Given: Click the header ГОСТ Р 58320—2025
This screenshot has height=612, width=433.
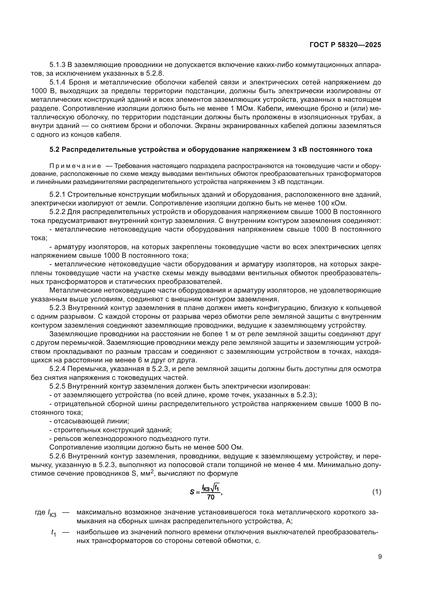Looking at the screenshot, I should click(345, 45).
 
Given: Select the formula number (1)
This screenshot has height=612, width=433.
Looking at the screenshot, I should click(376, 492).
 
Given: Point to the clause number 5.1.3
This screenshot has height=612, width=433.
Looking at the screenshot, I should click(57, 65).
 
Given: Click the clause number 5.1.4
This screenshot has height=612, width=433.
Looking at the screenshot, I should click(57, 82).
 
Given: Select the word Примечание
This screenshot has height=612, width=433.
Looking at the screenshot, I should click(75, 166).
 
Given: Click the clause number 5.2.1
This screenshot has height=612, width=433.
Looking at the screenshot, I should click(57, 195).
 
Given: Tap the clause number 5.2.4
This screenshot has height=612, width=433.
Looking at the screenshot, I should click(57, 369).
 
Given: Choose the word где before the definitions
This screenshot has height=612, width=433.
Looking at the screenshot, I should click(40, 512).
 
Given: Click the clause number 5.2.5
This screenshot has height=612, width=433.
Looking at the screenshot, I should click(57, 386).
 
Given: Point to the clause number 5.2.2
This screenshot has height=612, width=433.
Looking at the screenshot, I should click(57, 212).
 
